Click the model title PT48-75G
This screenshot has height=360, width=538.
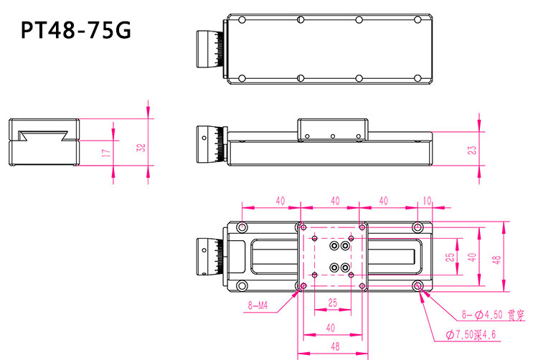coord(75,31)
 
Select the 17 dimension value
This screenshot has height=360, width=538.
coord(105,153)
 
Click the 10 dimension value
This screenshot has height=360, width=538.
coord(428,202)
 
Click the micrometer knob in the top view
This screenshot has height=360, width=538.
coord(212,49)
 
